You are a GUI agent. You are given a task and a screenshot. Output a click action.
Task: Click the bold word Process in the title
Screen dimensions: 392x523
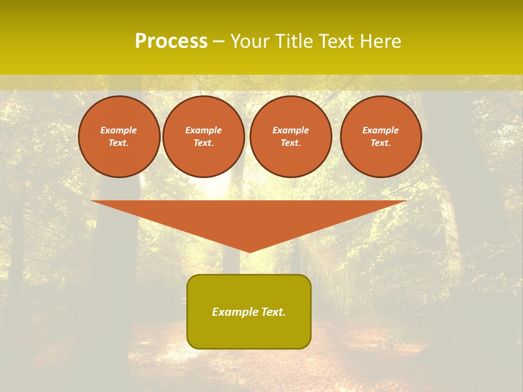171,41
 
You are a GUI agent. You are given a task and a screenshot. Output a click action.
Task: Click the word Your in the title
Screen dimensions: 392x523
250,41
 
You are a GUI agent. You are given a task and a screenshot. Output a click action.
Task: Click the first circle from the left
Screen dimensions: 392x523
119,137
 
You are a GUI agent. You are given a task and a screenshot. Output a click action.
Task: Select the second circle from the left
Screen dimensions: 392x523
204,137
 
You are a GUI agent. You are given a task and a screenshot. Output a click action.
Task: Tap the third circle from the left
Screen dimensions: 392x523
291,137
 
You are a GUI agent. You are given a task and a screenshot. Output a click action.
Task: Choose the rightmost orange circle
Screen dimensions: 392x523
381,137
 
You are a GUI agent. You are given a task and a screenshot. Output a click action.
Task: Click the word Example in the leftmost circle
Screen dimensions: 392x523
119,131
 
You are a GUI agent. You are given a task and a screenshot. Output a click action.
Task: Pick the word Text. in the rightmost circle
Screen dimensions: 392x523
381,143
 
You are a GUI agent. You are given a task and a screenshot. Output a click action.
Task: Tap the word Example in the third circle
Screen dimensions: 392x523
291,131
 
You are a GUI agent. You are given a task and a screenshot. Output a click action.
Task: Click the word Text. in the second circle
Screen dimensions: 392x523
204,143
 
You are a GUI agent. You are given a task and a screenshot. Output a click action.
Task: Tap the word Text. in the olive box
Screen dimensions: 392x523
273,312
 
